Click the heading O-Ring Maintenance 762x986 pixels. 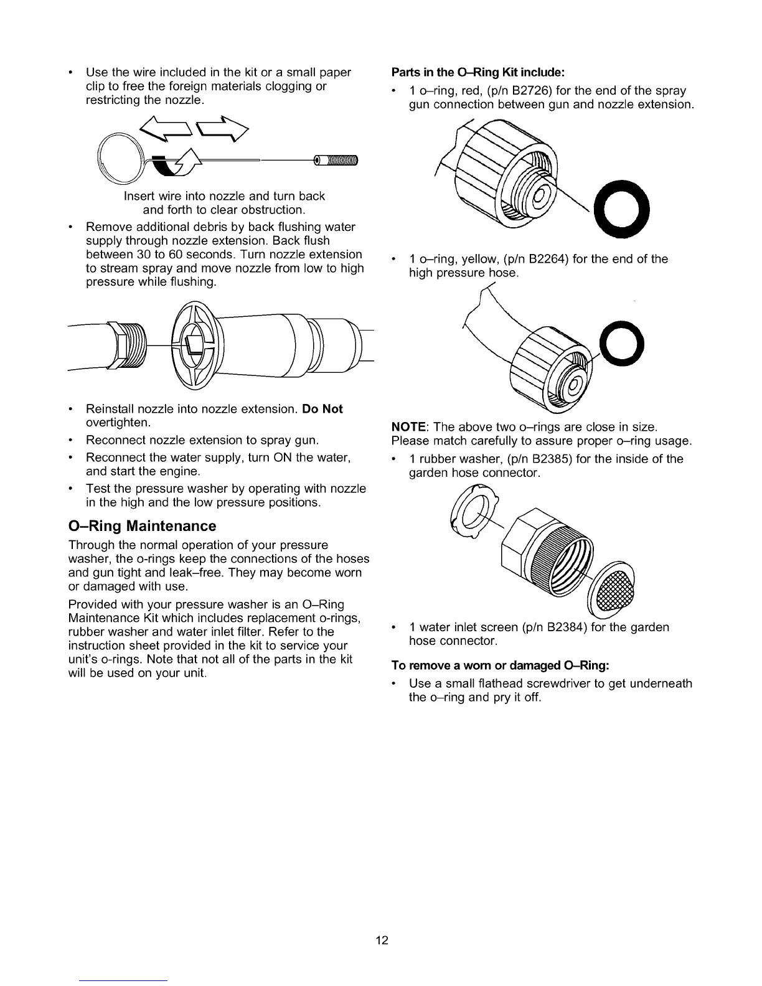point(142,526)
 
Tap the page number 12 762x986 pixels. point(382,940)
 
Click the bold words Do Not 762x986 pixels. point(322,409)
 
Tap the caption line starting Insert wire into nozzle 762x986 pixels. point(224,196)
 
